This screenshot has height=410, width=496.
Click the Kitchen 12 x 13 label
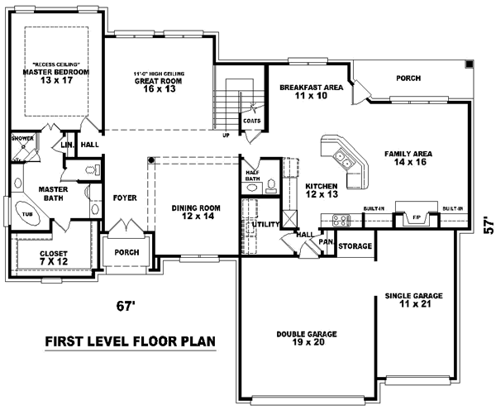tap(322, 189)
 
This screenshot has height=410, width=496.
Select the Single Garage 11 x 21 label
tap(414, 299)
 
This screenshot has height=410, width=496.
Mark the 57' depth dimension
tap(487, 226)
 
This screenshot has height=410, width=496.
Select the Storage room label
tap(355, 246)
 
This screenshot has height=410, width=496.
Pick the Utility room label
tap(266, 224)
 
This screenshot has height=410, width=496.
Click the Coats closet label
tap(252, 120)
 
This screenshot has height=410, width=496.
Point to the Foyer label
tap(124, 198)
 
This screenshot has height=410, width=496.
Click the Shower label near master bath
tap(21, 139)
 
